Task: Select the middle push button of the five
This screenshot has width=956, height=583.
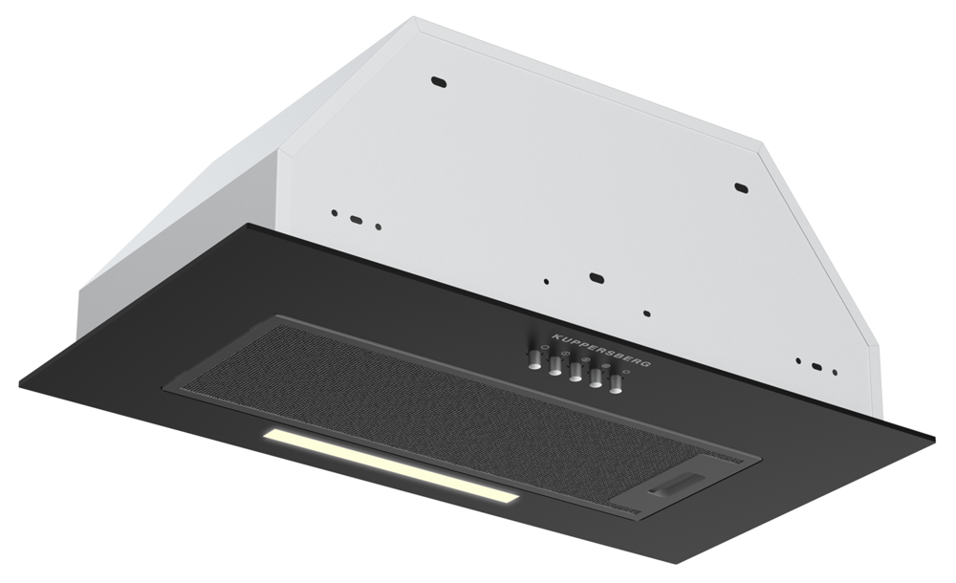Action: point(575,373)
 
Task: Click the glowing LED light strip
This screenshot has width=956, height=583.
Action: point(392,466)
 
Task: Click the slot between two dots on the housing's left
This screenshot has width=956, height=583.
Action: point(356,220)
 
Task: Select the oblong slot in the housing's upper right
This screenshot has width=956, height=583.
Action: point(740,186)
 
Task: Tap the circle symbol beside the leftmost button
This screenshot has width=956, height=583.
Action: point(544,345)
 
